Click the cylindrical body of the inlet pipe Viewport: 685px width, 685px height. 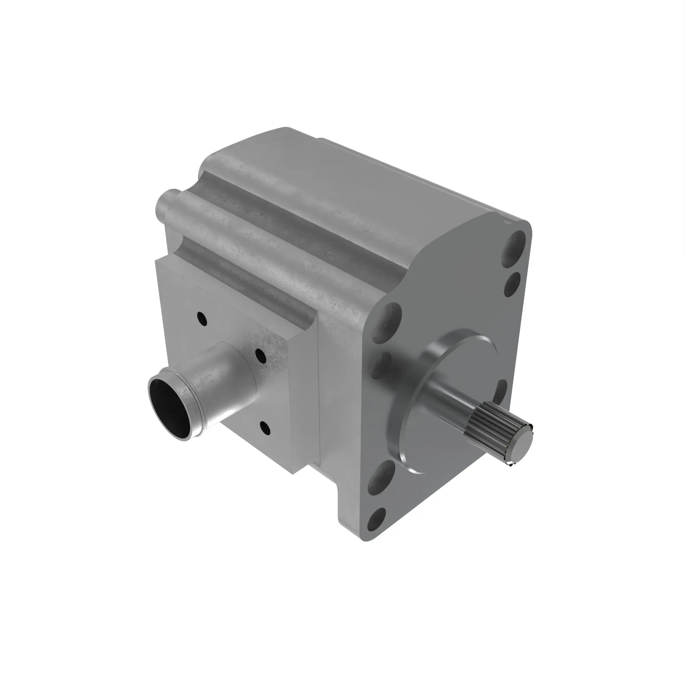point(220,386)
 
